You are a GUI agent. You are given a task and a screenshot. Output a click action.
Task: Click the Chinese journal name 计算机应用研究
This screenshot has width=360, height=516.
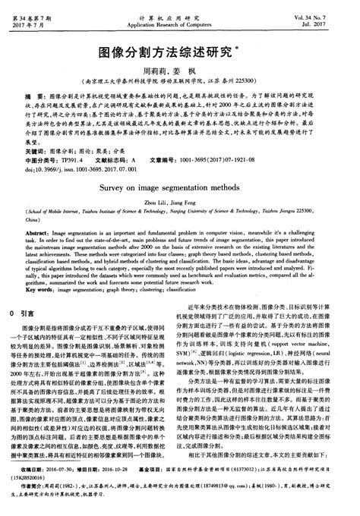tap(179, 7)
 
